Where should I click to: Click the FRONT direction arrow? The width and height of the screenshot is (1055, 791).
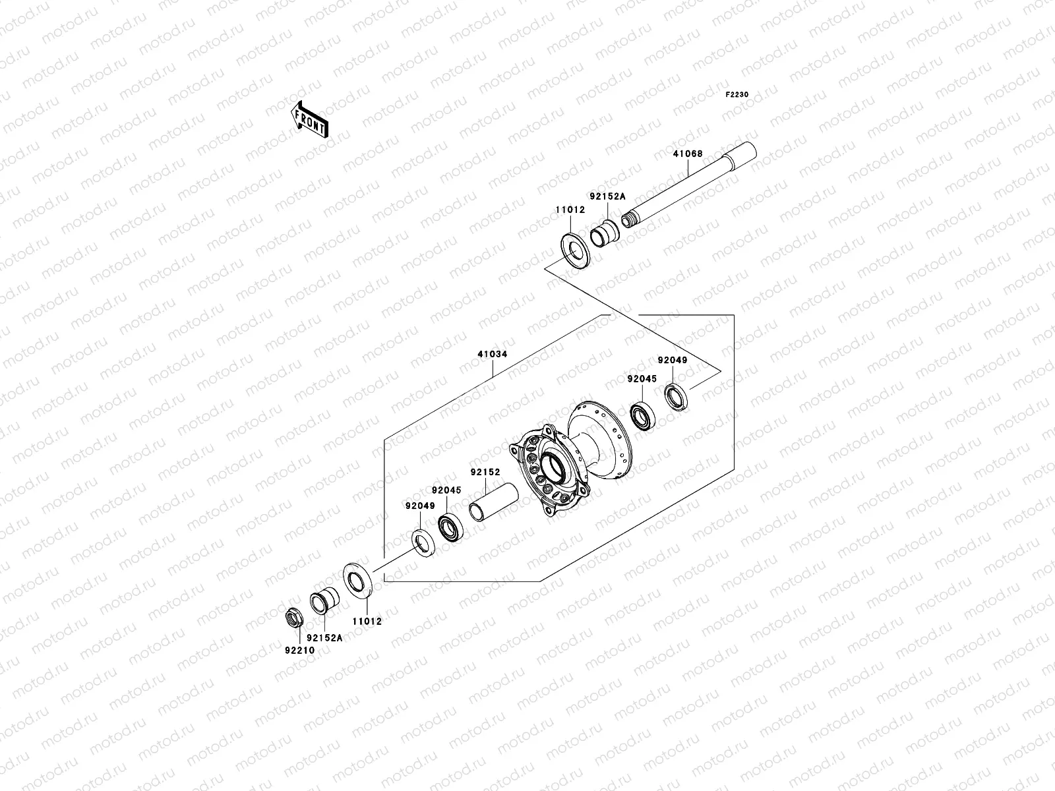pyautogui.click(x=319, y=119)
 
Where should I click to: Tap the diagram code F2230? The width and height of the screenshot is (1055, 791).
pyautogui.click(x=737, y=94)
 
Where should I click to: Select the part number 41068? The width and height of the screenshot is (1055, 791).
pyautogui.click(x=688, y=154)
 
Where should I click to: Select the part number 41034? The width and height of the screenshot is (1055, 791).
pyautogui.click(x=493, y=354)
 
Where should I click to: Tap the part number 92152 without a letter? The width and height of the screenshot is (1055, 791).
pyautogui.click(x=485, y=473)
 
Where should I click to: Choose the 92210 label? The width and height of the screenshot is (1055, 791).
pyautogui.click(x=299, y=650)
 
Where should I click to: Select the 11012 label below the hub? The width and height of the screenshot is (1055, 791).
pyautogui.click(x=367, y=621)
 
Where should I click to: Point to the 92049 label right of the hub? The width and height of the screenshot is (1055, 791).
pyautogui.click(x=672, y=361)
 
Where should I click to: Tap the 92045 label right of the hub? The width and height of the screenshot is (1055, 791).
pyautogui.click(x=642, y=379)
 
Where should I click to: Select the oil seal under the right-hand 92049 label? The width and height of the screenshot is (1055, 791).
pyautogui.click(x=675, y=397)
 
